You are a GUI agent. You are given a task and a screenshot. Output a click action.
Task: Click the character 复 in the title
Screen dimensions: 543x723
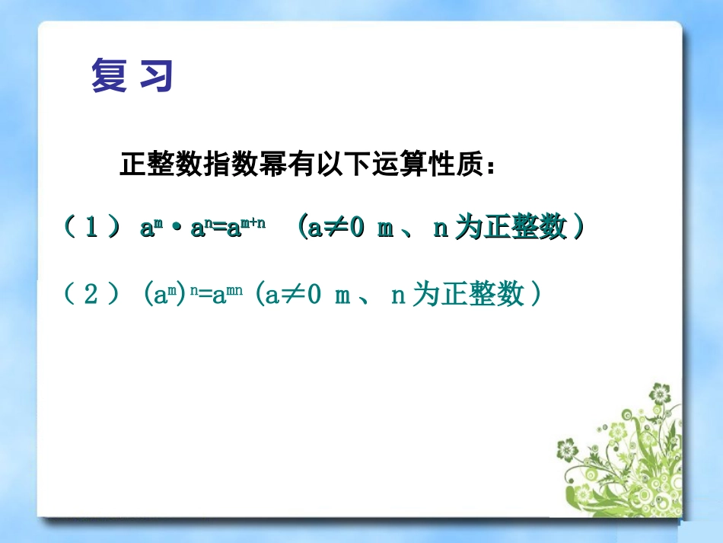click(110, 75)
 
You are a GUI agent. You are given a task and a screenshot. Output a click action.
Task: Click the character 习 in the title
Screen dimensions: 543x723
click(156, 75)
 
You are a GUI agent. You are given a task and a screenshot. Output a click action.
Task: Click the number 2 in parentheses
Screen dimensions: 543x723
click(91, 295)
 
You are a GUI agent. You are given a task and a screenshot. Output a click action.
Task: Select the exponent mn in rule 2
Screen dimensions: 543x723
click(234, 291)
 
